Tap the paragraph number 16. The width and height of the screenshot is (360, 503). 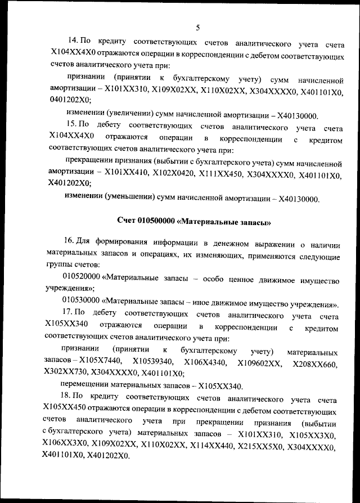[70, 243]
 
